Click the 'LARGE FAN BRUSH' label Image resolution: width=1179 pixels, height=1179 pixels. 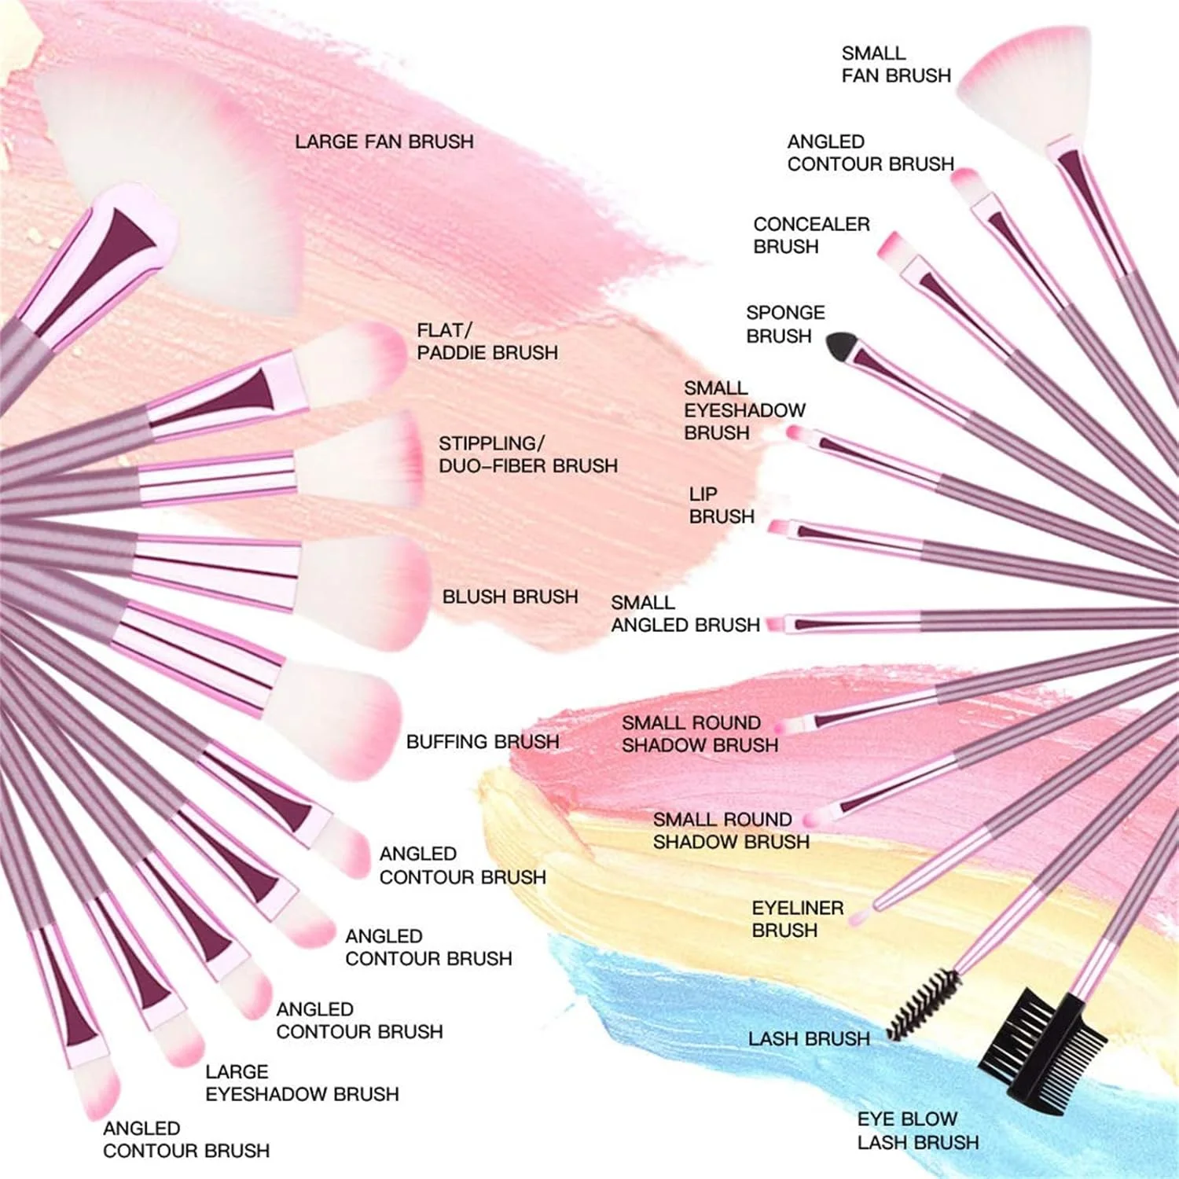tap(384, 141)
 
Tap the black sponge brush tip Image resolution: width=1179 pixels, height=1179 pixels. tap(840, 344)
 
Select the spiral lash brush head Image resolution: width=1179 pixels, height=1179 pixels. tap(924, 1004)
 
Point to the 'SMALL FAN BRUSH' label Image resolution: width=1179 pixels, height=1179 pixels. tap(896, 64)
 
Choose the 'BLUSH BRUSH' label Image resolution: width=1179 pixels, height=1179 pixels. tap(510, 597)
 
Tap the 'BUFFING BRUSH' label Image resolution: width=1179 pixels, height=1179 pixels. tap(483, 741)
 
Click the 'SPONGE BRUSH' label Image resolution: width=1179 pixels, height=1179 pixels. tap(784, 324)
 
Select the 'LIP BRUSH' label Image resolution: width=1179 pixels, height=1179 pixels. tap(721, 505)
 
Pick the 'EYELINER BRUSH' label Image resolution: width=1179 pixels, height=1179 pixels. tap(797, 919)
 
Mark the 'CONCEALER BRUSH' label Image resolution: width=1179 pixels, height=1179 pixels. tap(811, 235)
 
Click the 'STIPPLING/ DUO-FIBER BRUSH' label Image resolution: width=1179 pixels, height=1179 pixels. tap(527, 454)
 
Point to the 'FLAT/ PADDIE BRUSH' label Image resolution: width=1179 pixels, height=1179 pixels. tap(487, 341)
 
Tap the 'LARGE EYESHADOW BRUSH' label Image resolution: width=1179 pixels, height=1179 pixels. tap(302, 1083)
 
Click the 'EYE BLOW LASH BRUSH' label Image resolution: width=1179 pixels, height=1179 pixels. tap(917, 1130)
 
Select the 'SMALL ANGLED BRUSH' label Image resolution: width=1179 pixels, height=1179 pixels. tap(685, 614)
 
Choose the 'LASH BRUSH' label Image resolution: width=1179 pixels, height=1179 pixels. tap(809, 1038)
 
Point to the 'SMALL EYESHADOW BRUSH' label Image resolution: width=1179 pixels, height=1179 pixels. tap(744, 410)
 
